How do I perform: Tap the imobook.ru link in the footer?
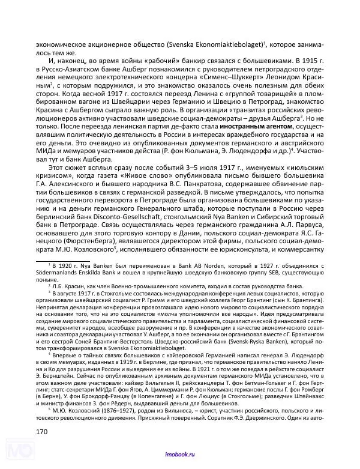179,456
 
